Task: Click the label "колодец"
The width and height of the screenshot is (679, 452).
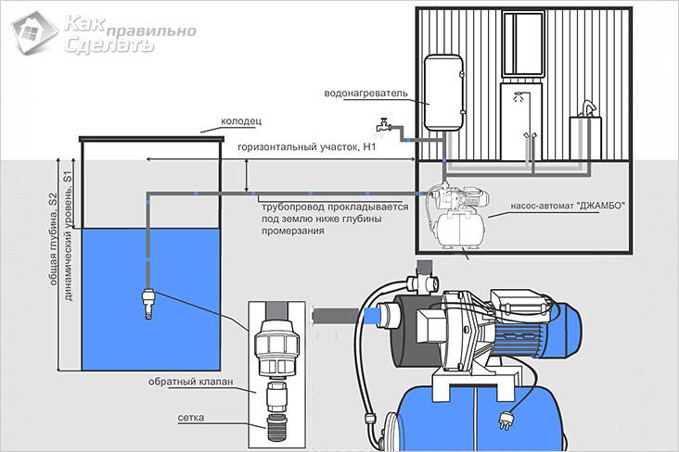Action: [244, 121]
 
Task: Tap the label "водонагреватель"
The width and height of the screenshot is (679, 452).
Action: [365, 94]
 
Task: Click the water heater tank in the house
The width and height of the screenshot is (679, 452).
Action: [442, 92]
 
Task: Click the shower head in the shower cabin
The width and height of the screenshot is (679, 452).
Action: [518, 95]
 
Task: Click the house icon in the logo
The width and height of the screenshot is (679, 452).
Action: [31, 31]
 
